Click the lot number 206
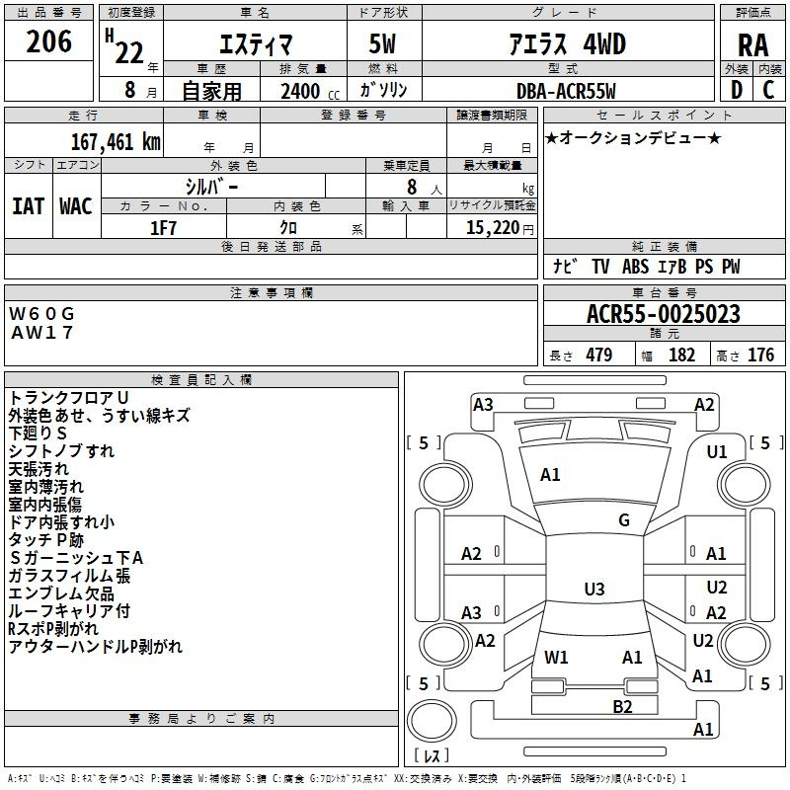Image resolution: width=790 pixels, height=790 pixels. point(48,41)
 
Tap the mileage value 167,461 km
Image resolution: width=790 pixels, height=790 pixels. point(116,142)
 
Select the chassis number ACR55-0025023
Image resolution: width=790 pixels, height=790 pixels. point(664,314)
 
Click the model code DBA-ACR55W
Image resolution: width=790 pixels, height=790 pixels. point(566,91)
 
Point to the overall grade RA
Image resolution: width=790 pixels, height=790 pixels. point(753,45)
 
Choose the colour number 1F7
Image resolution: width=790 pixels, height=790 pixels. point(163,228)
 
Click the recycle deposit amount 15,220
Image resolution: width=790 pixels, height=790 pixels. point(492,228)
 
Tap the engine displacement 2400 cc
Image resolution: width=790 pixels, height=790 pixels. point(310,91)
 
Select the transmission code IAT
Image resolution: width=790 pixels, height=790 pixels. point(29,206)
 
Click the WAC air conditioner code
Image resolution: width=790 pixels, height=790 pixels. point(76,206)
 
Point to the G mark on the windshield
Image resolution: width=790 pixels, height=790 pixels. point(624,520)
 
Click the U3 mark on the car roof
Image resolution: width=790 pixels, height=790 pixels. point(594,589)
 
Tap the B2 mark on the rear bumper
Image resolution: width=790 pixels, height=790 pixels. point(622,707)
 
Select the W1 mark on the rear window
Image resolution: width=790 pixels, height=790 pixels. point(556,658)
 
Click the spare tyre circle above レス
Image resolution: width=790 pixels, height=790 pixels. point(432,721)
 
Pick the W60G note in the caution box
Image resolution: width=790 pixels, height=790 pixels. point(41,314)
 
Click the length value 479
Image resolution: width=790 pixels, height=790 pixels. point(599,355)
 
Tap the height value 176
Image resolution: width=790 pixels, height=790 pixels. point(760,355)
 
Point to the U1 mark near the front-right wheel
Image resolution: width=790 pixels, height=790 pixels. point(717,452)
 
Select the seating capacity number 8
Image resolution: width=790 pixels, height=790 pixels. point(412,187)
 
